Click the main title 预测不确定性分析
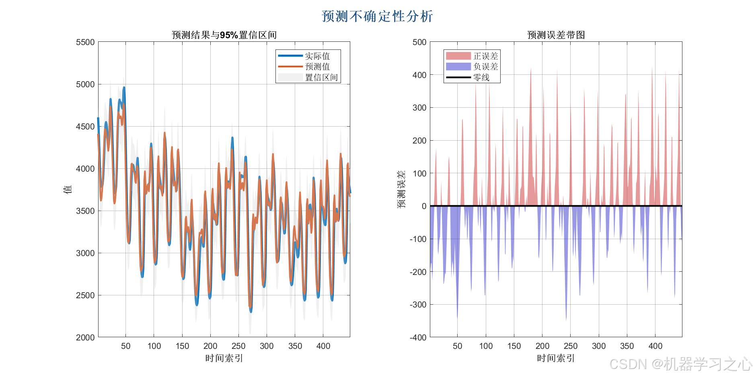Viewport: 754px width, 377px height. tap(377, 16)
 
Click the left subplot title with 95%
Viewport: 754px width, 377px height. tap(224, 35)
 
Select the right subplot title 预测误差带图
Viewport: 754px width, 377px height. tap(556, 35)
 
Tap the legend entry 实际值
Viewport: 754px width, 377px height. tap(317, 56)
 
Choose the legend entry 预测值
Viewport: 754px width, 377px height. tap(317, 67)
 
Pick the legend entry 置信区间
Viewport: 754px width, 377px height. tap(321, 78)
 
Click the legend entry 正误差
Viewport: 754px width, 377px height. tap(485, 56)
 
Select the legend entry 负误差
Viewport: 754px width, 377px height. tap(485, 67)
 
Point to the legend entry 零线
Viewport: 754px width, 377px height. tap(481, 78)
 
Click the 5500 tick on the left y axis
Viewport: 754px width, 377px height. tap(85, 42)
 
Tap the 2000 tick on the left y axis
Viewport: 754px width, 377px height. tap(85, 338)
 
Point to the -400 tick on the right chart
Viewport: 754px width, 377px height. tap(418, 338)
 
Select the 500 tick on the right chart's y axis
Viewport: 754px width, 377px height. tap(419, 42)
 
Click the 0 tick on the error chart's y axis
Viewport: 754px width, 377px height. tap(424, 206)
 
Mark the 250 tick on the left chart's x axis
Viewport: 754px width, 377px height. tap(238, 346)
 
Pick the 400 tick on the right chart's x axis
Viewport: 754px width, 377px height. tap(655, 346)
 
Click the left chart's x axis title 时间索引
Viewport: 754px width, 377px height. tap(224, 358)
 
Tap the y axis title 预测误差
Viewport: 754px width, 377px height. tap(401, 189)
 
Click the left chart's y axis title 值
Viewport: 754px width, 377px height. tap(68, 189)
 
